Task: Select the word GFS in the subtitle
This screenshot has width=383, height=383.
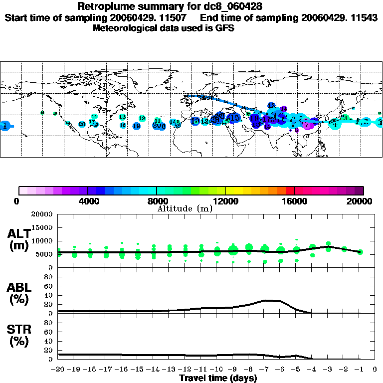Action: point(226,28)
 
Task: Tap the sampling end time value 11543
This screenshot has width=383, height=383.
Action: point(363,17)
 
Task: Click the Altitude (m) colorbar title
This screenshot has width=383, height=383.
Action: point(185,208)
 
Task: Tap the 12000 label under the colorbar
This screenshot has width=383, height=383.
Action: point(225,201)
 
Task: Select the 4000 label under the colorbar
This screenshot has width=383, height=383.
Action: point(88,201)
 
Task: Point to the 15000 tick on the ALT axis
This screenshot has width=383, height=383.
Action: point(41,227)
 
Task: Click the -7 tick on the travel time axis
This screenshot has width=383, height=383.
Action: point(265,369)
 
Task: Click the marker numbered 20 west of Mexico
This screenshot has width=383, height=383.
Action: point(82,124)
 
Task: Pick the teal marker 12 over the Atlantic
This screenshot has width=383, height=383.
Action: point(142,118)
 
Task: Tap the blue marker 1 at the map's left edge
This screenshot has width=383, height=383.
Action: point(5,126)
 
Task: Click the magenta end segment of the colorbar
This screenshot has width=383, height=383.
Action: point(359,191)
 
